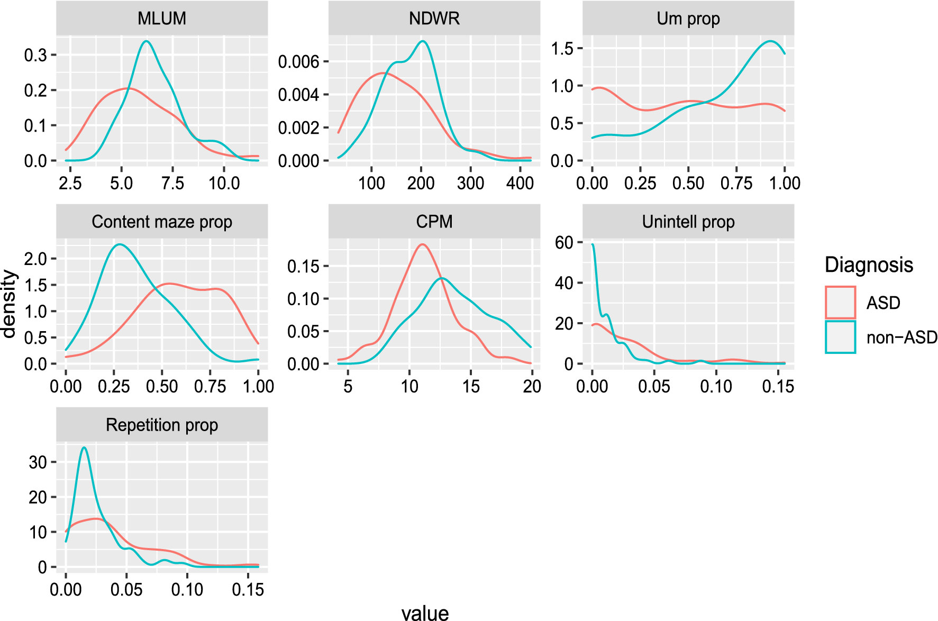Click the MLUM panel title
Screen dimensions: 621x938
tap(162, 19)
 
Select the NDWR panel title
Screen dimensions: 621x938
tap(434, 19)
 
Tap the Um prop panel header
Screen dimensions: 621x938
tap(688, 19)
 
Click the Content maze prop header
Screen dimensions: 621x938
tap(162, 222)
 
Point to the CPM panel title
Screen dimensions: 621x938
tap(434, 222)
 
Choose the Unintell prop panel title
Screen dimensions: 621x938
tap(688, 222)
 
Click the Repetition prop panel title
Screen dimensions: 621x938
tap(162, 425)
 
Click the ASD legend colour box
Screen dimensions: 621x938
tap(840, 303)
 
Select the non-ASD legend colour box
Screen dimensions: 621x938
tap(840, 337)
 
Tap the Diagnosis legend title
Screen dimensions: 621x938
tap(869, 264)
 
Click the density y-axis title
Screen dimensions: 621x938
tap(10, 304)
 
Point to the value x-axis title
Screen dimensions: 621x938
tap(425, 613)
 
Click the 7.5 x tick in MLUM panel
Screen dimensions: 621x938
tap(172, 184)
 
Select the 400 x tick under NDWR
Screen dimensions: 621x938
tap(520, 184)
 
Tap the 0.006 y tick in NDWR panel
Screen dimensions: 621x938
tap(298, 62)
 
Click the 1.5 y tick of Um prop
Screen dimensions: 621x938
tap(562, 49)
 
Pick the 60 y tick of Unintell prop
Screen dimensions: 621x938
tap(564, 242)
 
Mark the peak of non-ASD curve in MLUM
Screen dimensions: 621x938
tap(147, 41)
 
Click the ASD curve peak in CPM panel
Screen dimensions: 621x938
tap(422, 244)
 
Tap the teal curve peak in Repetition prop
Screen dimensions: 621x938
tap(84, 448)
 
